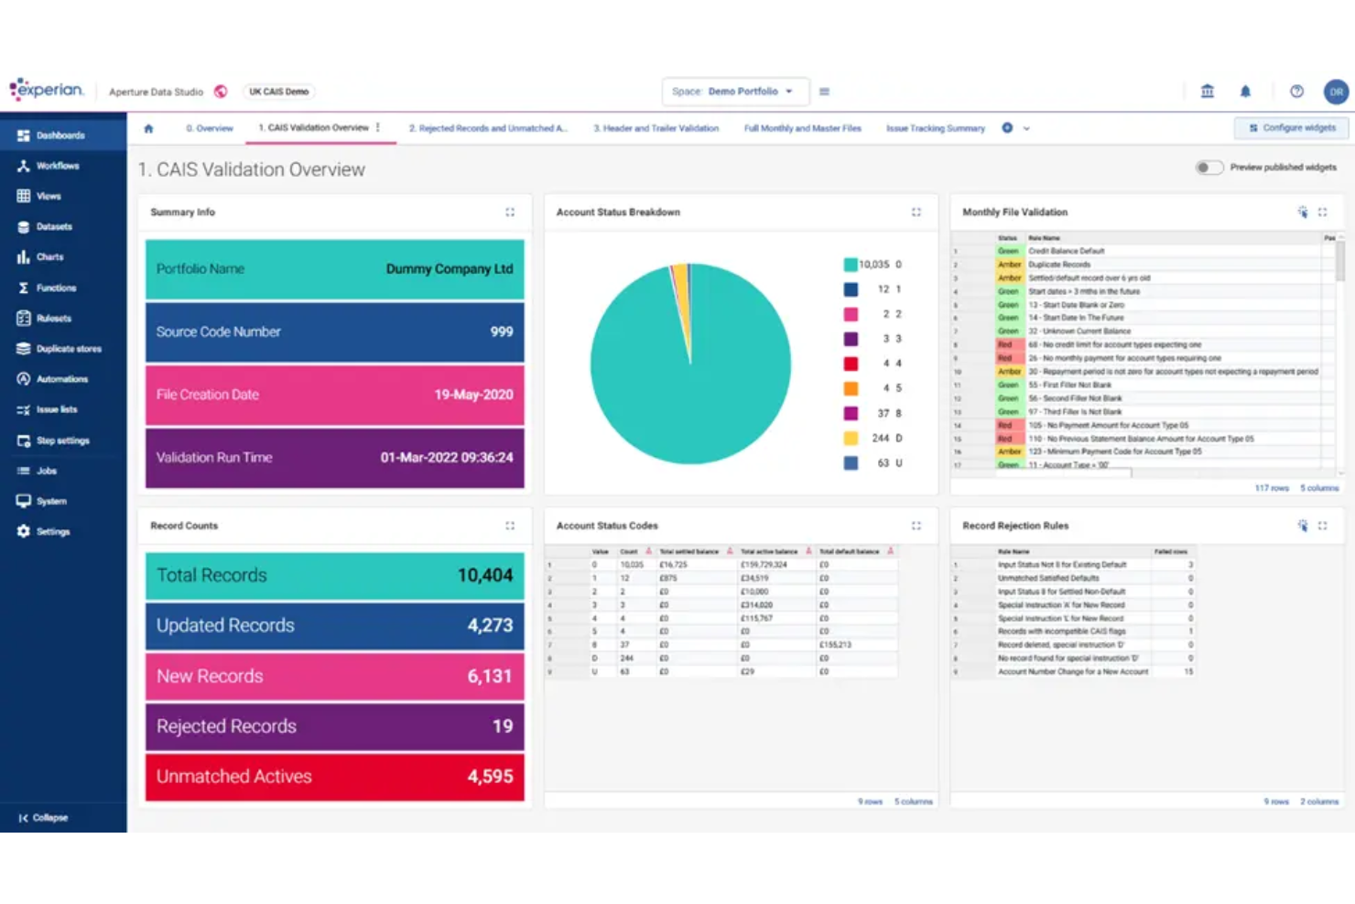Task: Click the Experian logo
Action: pyautogui.click(x=47, y=90)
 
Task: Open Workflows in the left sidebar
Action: pyautogui.click(x=57, y=166)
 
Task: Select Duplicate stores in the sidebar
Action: pyautogui.click(x=68, y=349)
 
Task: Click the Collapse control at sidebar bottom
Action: pyautogui.click(x=43, y=817)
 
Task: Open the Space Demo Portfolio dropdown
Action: pyautogui.click(x=734, y=92)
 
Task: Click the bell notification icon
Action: pyautogui.click(x=1245, y=92)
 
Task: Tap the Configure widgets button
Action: pyautogui.click(x=1291, y=128)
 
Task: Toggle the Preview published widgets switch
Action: pyautogui.click(x=1209, y=168)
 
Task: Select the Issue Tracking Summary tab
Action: pyautogui.click(x=935, y=128)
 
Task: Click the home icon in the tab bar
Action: pyautogui.click(x=148, y=128)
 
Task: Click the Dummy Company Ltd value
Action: pyautogui.click(x=449, y=269)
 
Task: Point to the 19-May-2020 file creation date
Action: pyautogui.click(x=473, y=395)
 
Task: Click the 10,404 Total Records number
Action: pyautogui.click(x=484, y=575)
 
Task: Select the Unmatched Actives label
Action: pyautogui.click(x=233, y=777)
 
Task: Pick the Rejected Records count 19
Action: pyautogui.click(x=502, y=726)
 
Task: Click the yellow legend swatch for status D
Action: pyautogui.click(x=851, y=438)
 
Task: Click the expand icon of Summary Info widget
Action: pyautogui.click(x=510, y=212)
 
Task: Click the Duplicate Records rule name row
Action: pyautogui.click(x=1059, y=264)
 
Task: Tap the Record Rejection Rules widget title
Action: pyautogui.click(x=1015, y=526)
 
